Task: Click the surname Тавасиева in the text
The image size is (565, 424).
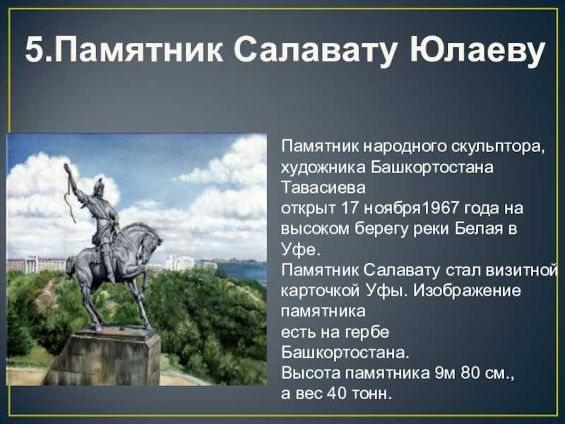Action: [x=323, y=188]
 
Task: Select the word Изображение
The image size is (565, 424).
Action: [x=467, y=290]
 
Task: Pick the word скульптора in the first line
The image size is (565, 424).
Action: [x=496, y=147]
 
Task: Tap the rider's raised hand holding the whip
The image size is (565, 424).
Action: [x=67, y=168]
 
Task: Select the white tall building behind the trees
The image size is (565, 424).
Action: [x=179, y=262]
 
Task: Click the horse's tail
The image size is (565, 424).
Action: [x=70, y=268]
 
